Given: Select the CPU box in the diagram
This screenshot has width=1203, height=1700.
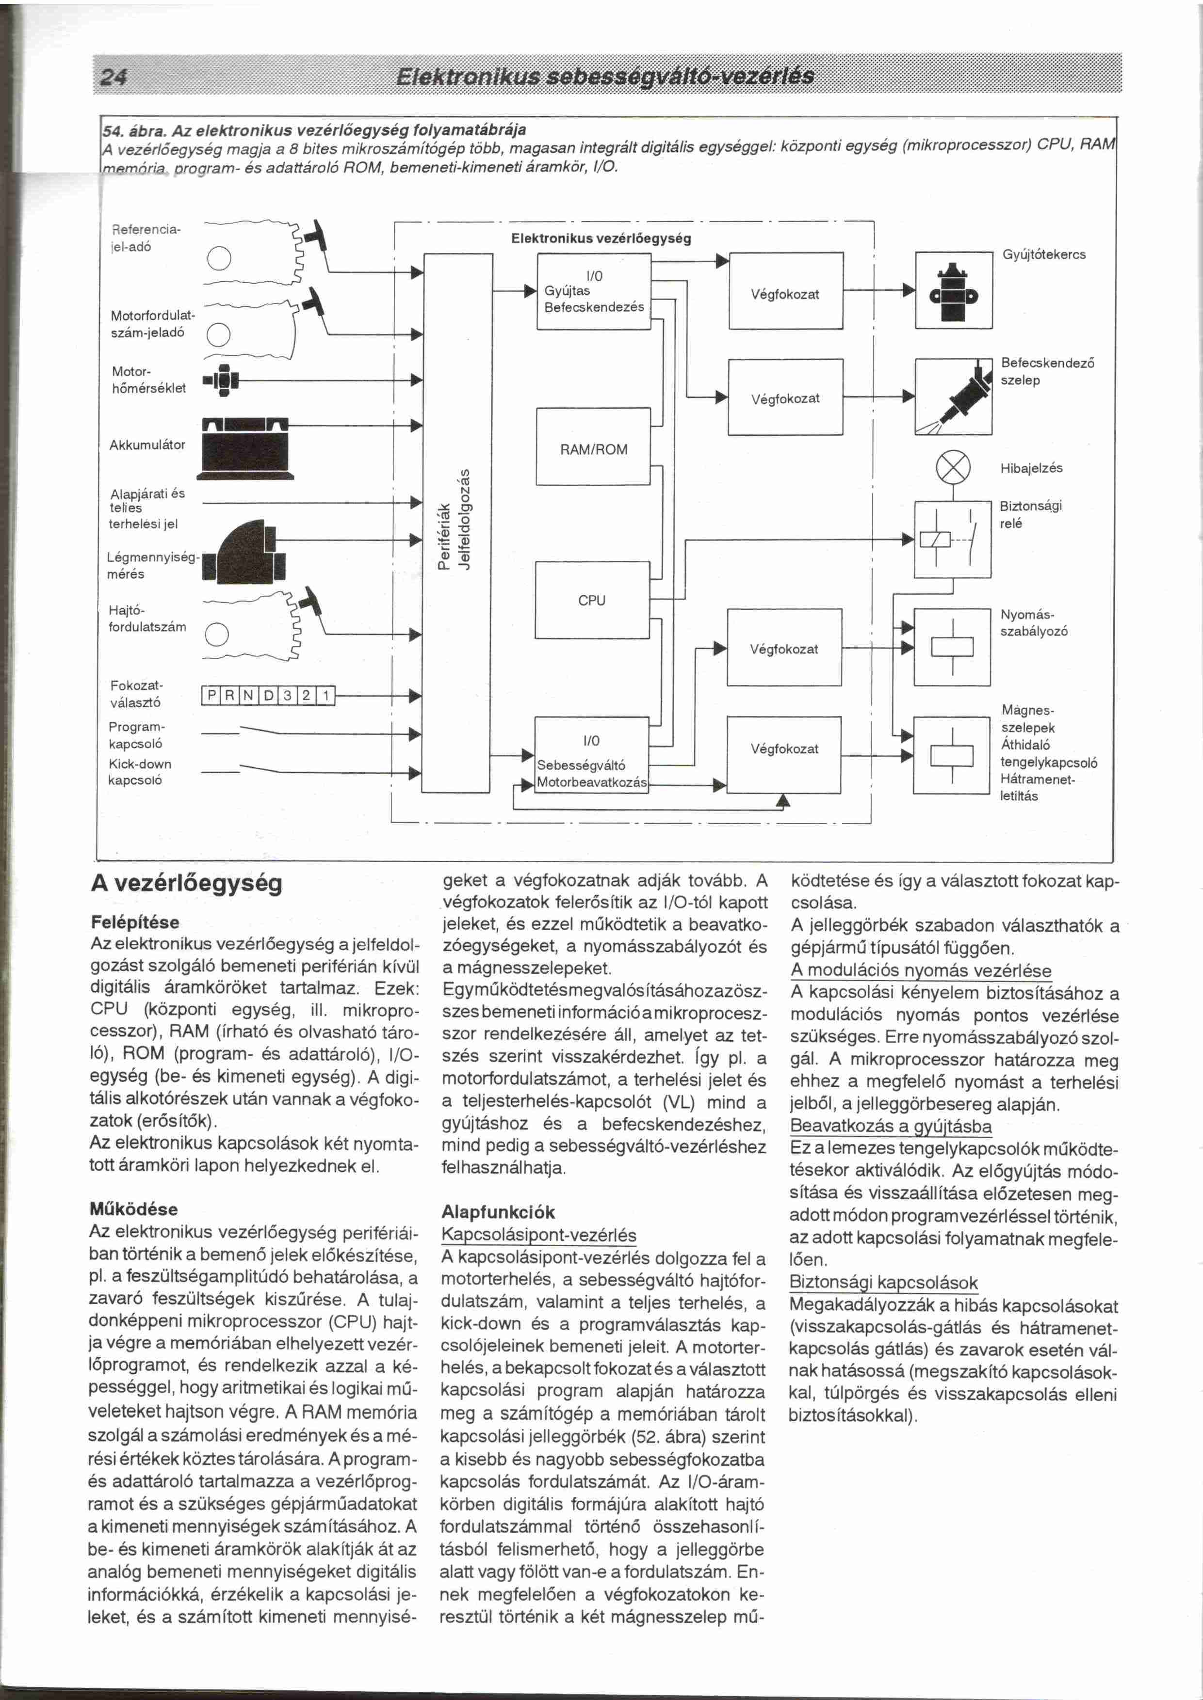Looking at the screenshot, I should pos(593,600).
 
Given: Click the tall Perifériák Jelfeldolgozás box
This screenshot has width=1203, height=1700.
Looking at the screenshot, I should pos(457,522).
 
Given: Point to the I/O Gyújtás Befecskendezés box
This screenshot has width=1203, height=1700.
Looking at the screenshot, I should pos(593,291).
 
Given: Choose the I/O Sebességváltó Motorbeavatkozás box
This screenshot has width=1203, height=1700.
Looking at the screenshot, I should pos(592,755).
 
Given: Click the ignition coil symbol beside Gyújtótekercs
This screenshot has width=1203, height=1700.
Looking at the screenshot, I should pos(953,290).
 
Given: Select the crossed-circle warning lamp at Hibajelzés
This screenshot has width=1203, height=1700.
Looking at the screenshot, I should pos(953,468).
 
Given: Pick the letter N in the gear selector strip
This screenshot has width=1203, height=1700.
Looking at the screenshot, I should pos(248,695).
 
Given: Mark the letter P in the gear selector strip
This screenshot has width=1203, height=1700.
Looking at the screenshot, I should pos(211,695).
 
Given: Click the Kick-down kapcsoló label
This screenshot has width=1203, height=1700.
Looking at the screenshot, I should pos(139,772).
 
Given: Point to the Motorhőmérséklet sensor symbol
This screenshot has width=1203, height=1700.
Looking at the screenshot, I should pos(224,381).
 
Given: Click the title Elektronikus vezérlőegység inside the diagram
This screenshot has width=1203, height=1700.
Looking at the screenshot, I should pos(601,238).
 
